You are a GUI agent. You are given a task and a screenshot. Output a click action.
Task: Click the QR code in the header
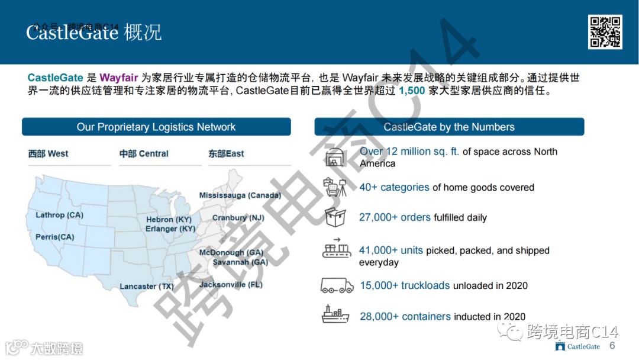point(605,32)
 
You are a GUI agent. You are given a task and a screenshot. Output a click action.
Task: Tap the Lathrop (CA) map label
point(59,215)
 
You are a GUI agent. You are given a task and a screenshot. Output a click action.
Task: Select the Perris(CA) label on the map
point(55,237)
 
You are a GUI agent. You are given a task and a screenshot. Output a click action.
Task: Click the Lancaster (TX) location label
point(147,287)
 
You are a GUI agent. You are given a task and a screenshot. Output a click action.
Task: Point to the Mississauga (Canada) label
point(240,195)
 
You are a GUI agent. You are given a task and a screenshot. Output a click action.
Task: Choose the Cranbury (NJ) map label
point(238,218)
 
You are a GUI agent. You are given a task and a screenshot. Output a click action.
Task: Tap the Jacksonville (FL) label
point(231,285)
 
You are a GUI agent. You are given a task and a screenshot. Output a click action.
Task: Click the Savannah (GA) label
point(240,262)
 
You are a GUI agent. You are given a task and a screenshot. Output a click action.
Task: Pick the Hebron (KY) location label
point(169,220)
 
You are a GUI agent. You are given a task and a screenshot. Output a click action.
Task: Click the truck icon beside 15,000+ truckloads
point(337,285)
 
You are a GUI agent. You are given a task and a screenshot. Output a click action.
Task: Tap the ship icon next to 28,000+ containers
point(335,314)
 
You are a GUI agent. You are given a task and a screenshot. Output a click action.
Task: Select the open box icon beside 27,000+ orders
point(335,217)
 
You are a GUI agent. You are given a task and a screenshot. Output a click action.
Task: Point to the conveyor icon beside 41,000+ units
point(336,249)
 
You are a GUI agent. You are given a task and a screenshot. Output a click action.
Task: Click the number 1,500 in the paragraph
point(412,91)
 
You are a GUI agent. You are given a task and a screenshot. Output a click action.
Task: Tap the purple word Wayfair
point(118,78)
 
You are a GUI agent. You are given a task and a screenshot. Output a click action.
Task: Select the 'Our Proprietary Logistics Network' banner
point(156,127)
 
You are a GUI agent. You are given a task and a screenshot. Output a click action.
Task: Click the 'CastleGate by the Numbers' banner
point(449,127)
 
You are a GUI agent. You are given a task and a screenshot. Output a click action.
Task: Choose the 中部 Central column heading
point(144,154)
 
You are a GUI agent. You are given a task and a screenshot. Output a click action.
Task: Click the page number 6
point(612,346)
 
